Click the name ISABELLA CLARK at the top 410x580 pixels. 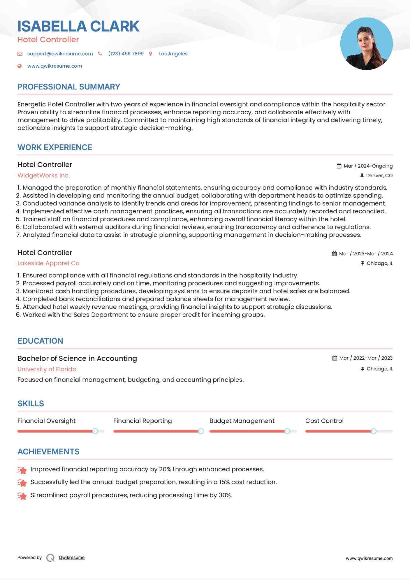(78, 26)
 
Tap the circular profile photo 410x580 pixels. (366, 44)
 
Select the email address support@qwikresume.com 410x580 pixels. (60, 54)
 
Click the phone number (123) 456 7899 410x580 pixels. (126, 54)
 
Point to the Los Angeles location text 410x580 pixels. (173, 54)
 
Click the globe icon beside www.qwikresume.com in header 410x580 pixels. (20, 66)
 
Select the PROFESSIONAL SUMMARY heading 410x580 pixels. (69, 87)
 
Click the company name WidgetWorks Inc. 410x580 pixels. (44, 175)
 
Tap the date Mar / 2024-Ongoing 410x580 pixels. (368, 166)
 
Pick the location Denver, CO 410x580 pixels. (379, 176)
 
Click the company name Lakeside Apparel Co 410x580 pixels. (48, 263)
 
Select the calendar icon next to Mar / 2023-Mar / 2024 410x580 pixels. (334, 254)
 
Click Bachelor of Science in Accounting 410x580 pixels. (77, 358)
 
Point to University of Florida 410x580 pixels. (47, 369)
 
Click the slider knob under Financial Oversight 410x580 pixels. (95, 431)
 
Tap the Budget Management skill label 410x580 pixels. (242, 421)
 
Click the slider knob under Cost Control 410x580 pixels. (373, 431)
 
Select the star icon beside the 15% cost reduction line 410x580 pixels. (22, 483)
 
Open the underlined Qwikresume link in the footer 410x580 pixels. (72, 558)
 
